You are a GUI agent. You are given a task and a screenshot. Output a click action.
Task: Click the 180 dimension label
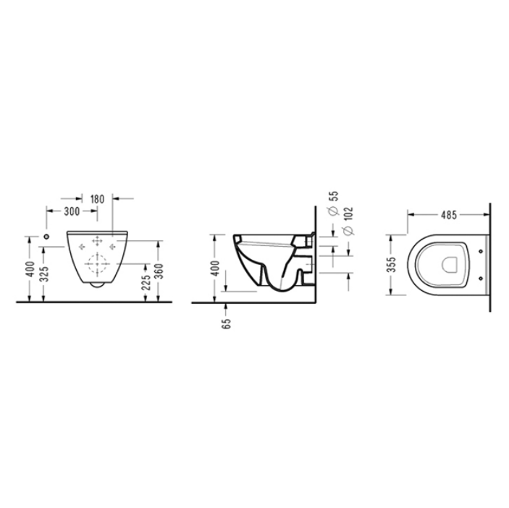tap(98, 199)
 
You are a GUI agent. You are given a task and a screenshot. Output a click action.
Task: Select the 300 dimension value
tap(72, 211)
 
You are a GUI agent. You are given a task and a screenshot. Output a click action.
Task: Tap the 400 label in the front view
tap(30, 269)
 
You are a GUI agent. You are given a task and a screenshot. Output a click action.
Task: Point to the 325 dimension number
tap(44, 274)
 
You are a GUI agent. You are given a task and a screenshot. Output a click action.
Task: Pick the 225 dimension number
tap(146, 282)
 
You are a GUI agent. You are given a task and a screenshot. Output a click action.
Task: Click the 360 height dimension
tap(159, 271)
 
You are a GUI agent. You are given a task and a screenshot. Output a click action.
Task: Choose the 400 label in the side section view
tap(215, 268)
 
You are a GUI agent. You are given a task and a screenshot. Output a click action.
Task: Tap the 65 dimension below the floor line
tap(227, 323)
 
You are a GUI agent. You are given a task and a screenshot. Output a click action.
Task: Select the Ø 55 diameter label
tap(333, 203)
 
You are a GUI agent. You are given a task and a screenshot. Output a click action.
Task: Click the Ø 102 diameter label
tap(348, 221)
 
